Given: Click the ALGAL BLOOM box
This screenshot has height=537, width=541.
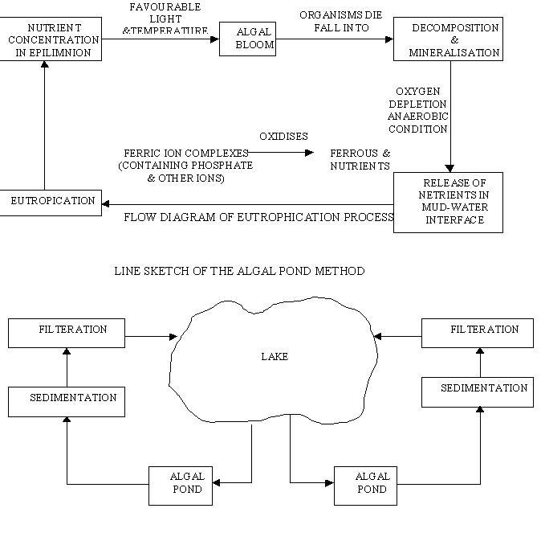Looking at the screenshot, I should tap(247, 39).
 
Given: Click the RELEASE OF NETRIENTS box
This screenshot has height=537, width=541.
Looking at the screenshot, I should tap(447, 203).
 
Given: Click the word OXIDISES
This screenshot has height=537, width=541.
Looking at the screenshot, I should tap(283, 137).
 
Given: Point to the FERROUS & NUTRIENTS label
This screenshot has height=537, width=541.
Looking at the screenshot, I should tap(360, 159).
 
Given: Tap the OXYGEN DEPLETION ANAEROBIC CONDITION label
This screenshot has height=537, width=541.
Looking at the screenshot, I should tap(421, 111).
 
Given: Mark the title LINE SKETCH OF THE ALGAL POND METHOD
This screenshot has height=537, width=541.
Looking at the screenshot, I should tap(240, 271).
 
